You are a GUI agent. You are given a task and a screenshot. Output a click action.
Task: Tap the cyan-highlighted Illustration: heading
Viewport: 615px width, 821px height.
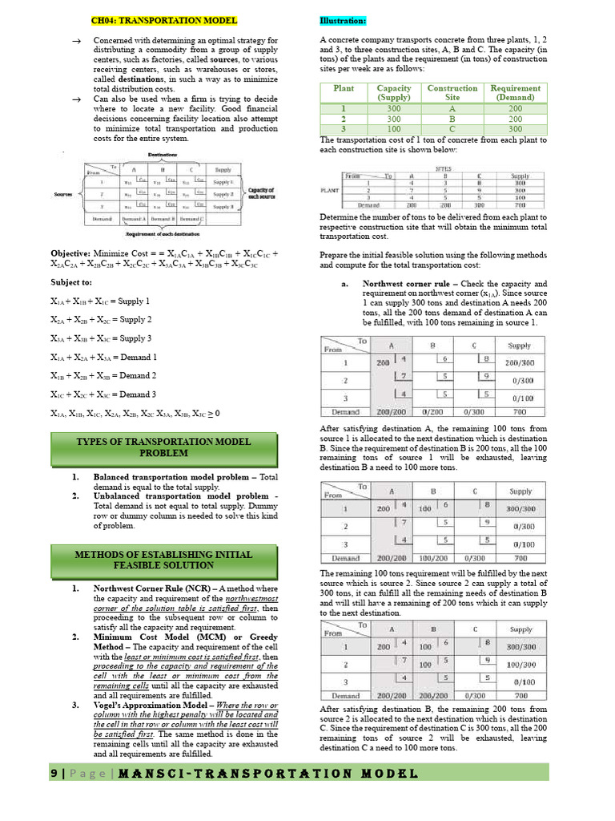click(343, 20)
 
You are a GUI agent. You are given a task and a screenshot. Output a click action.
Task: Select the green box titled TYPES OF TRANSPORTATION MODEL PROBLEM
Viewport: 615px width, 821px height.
click(163, 447)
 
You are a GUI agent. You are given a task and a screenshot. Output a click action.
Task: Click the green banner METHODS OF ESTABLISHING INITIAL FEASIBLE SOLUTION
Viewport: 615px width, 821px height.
click(163, 560)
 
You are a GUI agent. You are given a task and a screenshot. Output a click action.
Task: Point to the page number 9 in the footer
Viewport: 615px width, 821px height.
click(54, 773)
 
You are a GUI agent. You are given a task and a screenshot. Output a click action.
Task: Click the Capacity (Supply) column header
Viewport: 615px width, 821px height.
click(394, 93)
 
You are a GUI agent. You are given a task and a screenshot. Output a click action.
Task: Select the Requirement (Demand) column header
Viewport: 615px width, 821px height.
click(515, 93)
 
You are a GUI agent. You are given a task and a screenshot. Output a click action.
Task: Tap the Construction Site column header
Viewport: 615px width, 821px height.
click(452, 93)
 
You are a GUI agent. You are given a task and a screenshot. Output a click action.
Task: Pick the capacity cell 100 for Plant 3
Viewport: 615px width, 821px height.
click(394, 129)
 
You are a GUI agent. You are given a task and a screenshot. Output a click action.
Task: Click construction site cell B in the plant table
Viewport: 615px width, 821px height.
click(452, 119)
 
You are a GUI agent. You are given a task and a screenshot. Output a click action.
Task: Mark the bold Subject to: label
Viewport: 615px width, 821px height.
click(71, 282)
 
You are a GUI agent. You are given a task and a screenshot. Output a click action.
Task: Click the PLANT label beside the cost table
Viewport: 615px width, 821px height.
click(329, 190)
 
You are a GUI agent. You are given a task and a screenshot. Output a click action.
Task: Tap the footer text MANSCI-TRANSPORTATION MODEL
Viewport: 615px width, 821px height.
click(271, 773)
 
